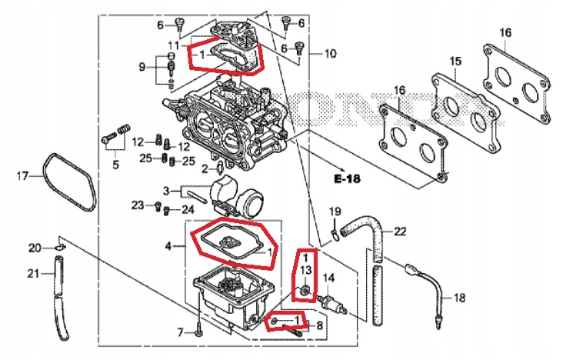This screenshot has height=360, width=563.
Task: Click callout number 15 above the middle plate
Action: click(455, 61)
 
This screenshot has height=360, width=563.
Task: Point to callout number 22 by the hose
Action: click(401, 231)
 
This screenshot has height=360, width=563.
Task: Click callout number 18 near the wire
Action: click(459, 298)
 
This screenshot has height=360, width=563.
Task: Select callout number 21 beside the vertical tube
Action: click(35, 274)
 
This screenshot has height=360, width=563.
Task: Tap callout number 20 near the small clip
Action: click(35, 247)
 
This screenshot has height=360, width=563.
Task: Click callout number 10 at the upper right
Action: click(330, 54)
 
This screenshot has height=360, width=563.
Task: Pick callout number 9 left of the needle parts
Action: click(142, 68)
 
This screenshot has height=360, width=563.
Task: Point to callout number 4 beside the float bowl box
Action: click(169, 246)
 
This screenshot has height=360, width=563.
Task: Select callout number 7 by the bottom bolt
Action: click(181, 332)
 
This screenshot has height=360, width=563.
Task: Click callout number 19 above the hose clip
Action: click(335, 212)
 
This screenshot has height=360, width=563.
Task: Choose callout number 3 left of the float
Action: click(165, 190)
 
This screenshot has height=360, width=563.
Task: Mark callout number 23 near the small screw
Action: click(137, 205)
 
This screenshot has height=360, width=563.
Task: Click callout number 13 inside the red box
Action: click(305, 270)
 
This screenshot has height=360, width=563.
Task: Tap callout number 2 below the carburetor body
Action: click(205, 168)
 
